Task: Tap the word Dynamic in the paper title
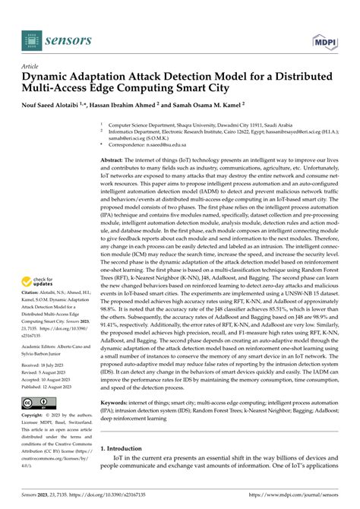(48, 77)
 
